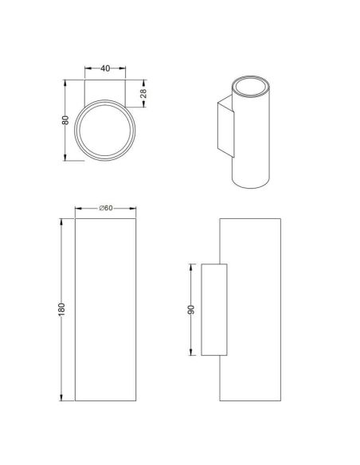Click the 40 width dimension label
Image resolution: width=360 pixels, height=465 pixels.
104,68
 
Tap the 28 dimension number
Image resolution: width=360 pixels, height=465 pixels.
143,94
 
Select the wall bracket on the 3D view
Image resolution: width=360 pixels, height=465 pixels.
225,126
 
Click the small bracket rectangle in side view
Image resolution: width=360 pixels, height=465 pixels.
215,309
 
